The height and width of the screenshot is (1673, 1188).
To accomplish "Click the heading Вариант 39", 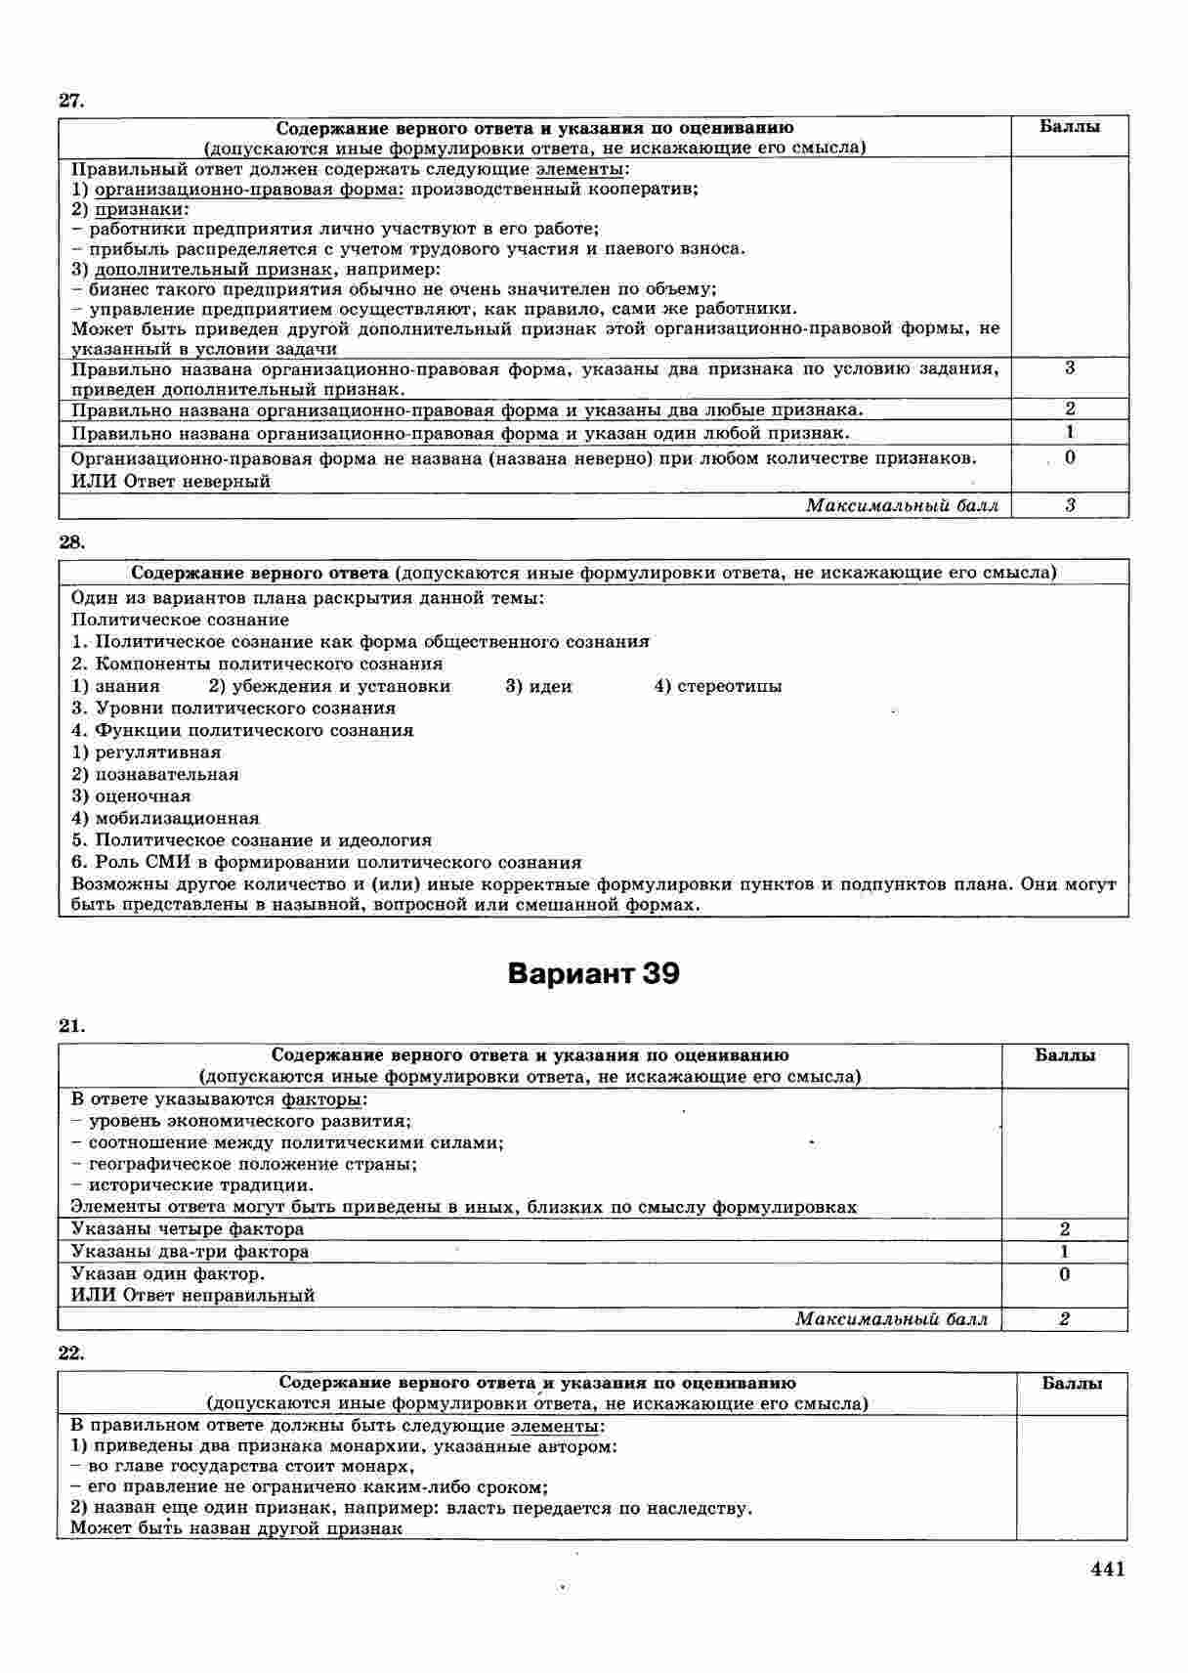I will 593,974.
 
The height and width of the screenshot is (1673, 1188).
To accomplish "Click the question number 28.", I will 72,541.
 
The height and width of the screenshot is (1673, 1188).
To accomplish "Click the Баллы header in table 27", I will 1070,127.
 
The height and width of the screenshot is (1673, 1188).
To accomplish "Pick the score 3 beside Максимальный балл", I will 1071,505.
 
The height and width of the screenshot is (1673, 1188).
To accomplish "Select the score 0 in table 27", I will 1071,457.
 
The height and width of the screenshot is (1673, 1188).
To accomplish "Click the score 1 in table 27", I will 1071,432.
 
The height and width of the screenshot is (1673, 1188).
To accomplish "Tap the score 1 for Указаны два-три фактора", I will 1064,1251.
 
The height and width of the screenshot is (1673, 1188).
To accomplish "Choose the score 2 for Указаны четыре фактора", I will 1064,1228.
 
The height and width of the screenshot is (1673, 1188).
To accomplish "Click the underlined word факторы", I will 330,1099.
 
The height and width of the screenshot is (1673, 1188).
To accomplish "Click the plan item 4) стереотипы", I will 717,686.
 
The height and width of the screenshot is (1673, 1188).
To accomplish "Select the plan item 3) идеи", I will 538,686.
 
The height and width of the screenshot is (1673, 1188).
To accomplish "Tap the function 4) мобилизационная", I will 165,818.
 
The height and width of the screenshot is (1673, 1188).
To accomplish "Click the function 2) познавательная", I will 154,774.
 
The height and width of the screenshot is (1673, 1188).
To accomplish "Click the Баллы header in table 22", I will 1072,1383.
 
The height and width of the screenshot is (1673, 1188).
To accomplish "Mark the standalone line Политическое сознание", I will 180,620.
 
